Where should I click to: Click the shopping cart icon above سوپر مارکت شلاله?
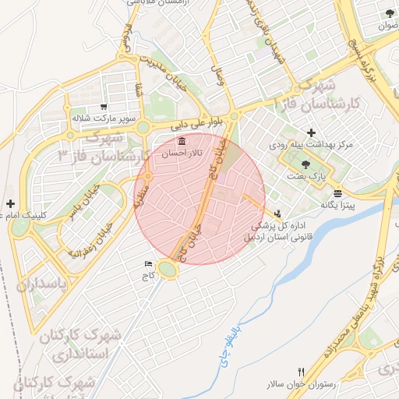pyautogui.click(x=104, y=107)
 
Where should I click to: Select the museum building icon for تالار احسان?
pyautogui.click(x=182, y=142)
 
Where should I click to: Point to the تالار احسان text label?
pyautogui.click(x=182, y=154)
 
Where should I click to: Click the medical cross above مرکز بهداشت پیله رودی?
pyautogui.click(x=312, y=133)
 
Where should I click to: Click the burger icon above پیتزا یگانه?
pyautogui.click(x=337, y=193)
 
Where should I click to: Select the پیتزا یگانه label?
pyautogui.click(x=337, y=205)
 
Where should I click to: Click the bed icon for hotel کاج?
pyautogui.click(x=148, y=265)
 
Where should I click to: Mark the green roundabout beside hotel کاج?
pyautogui.click(x=168, y=270)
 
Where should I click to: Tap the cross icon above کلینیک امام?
pyautogui.click(x=9, y=203)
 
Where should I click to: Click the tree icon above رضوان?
pyautogui.click(x=389, y=13)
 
